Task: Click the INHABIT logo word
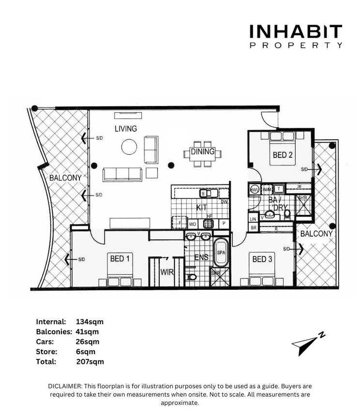(x=296, y=32)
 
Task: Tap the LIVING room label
(x=126, y=129)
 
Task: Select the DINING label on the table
(x=202, y=151)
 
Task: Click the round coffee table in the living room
(x=129, y=147)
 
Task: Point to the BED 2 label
(x=283, y=155)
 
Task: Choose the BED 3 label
(x=263, y=259)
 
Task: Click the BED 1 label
(x=120, y=259)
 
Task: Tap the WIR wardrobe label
(x=167, y=272)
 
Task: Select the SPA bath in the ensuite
(x=221, y=253)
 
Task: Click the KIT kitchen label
(x=201, y=208)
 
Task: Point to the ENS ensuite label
(x=201, y=257)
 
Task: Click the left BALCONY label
(x=65, y=178)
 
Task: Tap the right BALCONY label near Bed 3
(x=316, y=234)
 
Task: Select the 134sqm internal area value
(x=90, y=322)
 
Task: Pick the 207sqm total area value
(x=90, y=361)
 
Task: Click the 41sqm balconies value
(x=88, y=332)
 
